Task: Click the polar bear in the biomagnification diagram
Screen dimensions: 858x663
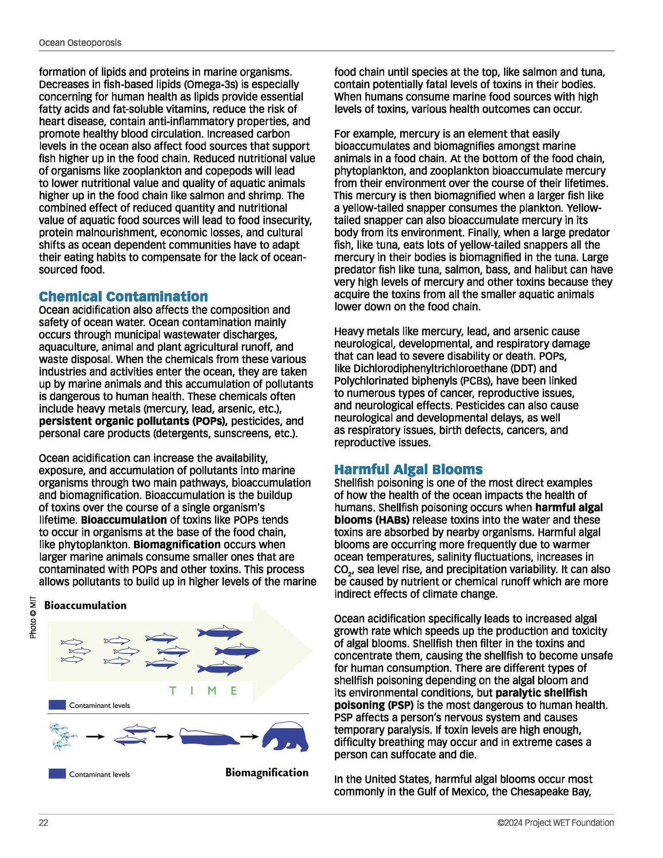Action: [x=286, y=737]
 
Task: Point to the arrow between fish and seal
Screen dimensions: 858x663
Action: [x=164, y=737]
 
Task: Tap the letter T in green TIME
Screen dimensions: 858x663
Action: [x=173, y=691]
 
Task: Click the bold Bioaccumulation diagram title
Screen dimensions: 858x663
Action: [x=85, y=606]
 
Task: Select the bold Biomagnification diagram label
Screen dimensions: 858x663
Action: [x=267, y=773]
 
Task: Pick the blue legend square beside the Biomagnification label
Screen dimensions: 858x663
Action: [x=57, y=774]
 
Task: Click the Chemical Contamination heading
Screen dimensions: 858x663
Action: [x=123, y=296]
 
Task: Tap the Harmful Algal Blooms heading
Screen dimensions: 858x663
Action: [x=408, y=469]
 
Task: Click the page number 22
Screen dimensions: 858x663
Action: [x=44, y=823]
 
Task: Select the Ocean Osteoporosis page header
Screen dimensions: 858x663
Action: [x=80, y=43]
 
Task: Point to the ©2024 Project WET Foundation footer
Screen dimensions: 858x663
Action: [x=556, y=823]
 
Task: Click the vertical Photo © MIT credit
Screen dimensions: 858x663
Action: [x=33, y=617]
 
